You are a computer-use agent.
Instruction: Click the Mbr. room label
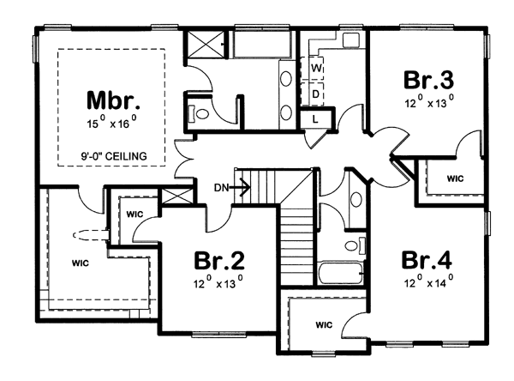pyautogui.click(x=113, y=100)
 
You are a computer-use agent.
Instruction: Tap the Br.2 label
pyautogui.click(x=219, y=260)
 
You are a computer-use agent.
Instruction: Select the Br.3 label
pyautogui.click(x=429, y=80)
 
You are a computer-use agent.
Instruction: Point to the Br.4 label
pyautogui.click(x=427, y=260)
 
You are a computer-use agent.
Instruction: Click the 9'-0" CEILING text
pyautogui.click(x=114, y=156)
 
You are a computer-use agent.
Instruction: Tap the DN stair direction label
pyautogui.click(x=221, y=188)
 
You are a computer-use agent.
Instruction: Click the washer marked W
pyautogui.click(x=313, y=69)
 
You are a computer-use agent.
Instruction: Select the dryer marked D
pyautogui.click(x=313, y=94)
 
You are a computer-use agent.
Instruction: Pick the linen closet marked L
pyautogui.click(x=316, y=119)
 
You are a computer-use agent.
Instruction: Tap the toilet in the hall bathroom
pyautogui.click(x=355, y=245)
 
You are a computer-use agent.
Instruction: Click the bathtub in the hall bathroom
pyautogui.click(x=341, y=273)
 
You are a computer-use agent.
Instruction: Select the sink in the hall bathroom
pyautogui.click(x=356, y=199)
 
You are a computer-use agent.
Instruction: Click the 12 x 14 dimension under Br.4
pyautogui.click(x=429, y=281)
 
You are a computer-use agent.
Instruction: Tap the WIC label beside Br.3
pyautogui.click(x=456, y=178)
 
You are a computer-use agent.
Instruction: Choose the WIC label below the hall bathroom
pyautogui.click(x=324, y=325)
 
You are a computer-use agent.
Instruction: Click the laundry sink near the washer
pyautogui.click(x=351, y=40)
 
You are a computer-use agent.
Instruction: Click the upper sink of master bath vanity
pyautogui.click(x=286, y=79)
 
